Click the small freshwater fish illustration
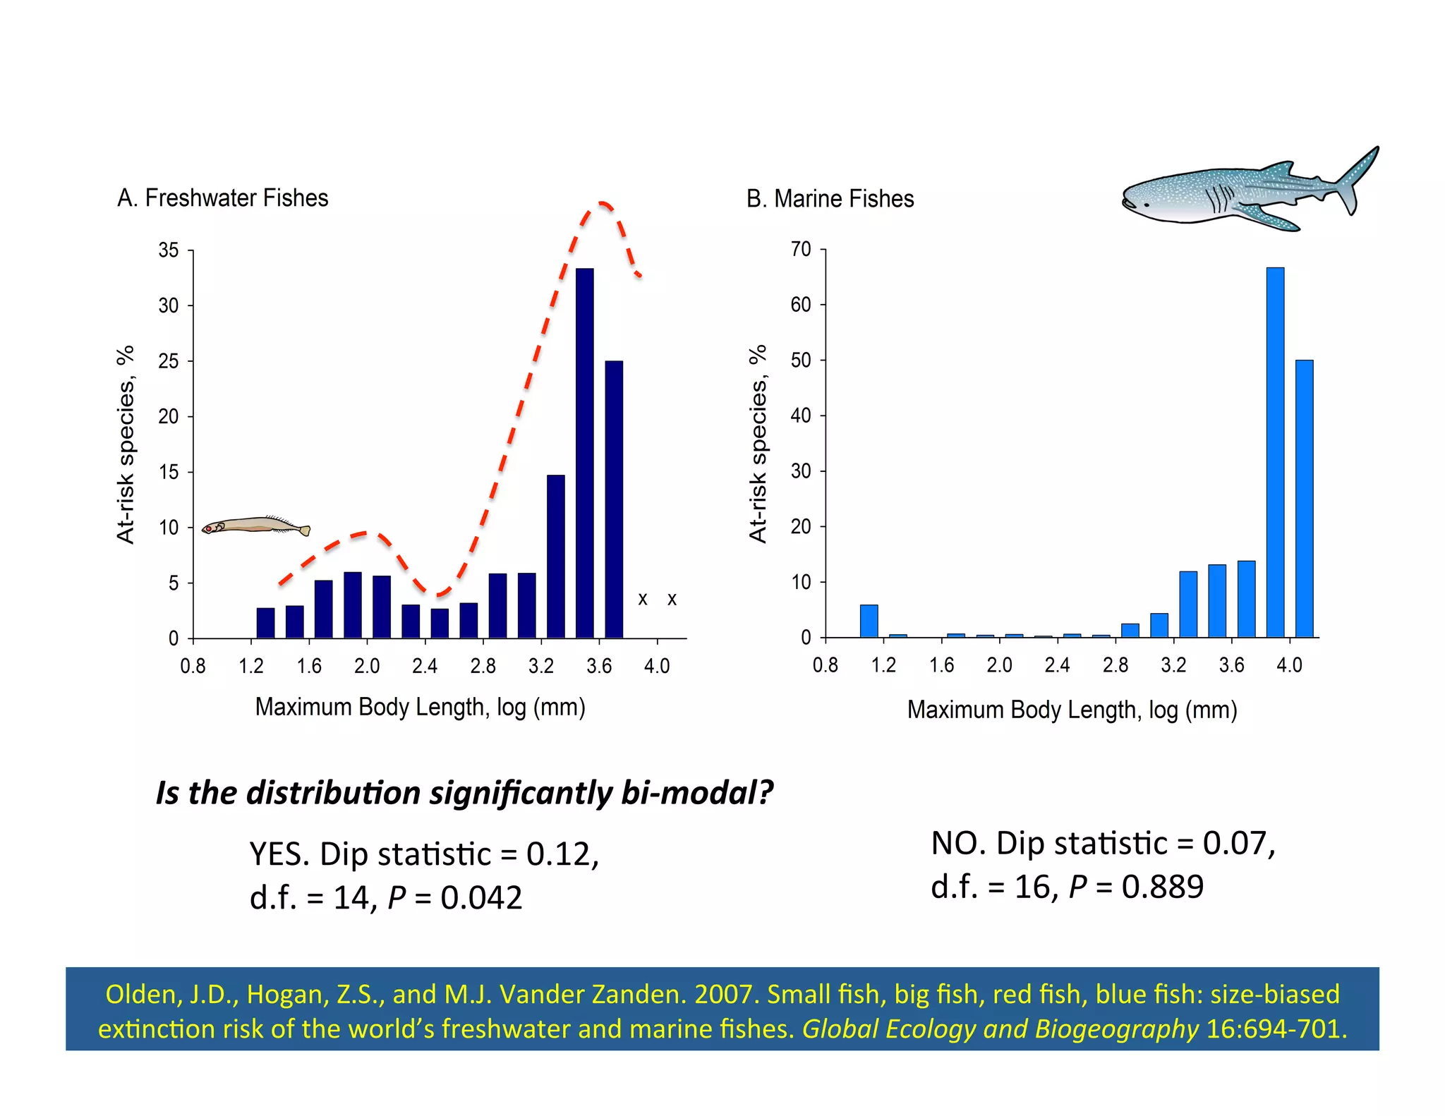(x=255, y=526)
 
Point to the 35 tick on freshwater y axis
(x=169, y=250)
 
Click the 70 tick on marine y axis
(x=801, y=249)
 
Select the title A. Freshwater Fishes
(x=222, y=198)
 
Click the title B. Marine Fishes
(x=830, y=199)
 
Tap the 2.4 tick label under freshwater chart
(x=425, y=666)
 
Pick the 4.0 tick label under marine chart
(x=1289, y=665)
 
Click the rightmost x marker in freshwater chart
(x=672, y=600)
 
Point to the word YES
(x=279, y=854)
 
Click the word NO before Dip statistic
(x=958, y=844)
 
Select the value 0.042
(x=481, y=898)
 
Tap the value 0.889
(x=1162, y=887)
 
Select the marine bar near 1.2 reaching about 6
(x=869, y=621)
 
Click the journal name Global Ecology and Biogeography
(x=1000, y=1029)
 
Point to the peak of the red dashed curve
(x=603, y=204)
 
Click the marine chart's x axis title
(x=1072, y=710)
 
